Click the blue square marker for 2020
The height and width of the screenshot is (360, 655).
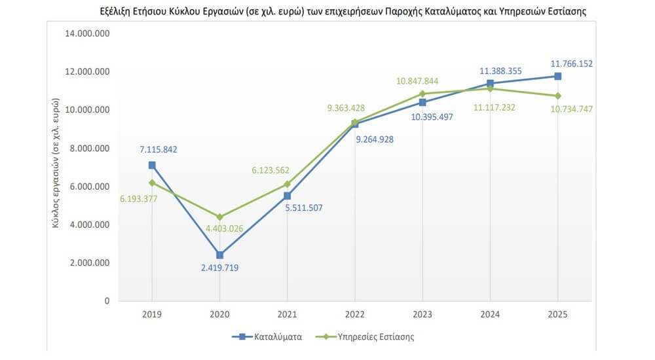pos(219,255)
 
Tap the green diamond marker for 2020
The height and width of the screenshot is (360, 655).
pos(219,217)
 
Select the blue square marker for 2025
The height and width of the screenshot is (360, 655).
pos(557,77)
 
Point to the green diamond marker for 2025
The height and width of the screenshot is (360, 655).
pos(557,96)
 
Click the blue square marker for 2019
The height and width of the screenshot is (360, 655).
pos(152,166)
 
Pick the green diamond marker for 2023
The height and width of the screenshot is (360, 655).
pos(422,94)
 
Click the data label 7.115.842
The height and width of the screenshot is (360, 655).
pos(158,149)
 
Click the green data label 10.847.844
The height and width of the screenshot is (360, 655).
pos(417,81)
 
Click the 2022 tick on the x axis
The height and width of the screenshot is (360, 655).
pos(354,314)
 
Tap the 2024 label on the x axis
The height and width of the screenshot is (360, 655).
pos(490,314)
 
